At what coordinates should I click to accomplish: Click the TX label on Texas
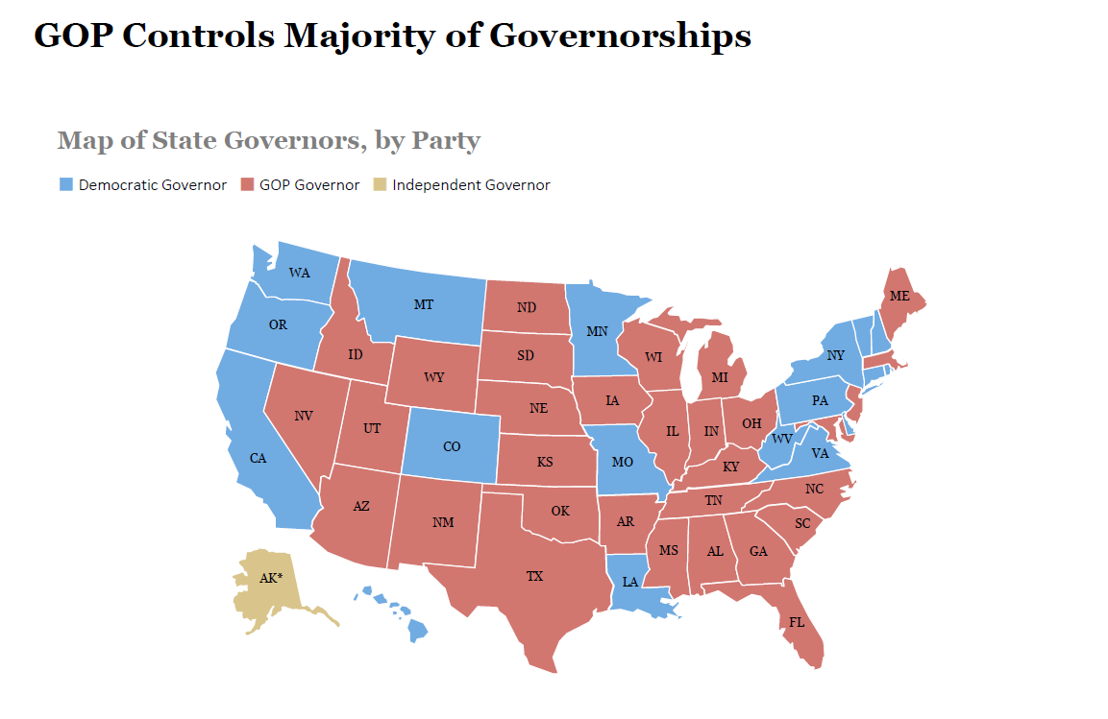click(x=534, y=577)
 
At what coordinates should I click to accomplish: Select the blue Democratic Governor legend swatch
click(x=65, y=184)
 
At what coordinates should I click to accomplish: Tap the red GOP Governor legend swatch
click(x=246, y=184)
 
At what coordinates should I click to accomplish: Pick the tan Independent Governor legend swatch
click(x=380, y=184)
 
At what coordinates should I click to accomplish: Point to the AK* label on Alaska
click(x=272, y=578)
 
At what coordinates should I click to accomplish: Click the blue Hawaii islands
click(x=417, y=630)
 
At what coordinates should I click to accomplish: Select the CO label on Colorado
click(x=452, y=446)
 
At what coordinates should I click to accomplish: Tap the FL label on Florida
click(x=797, y=622)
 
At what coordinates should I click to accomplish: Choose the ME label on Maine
click(x=899, y=297)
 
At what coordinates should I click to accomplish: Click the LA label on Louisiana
click(x=630, y=582)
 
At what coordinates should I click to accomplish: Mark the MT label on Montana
click(x=424, y=304)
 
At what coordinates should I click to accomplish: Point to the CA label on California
click(x=258, y=458)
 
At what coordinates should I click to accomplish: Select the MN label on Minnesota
click(x=598, y=332)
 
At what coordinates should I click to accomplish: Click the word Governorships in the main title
click(x=620, y=36)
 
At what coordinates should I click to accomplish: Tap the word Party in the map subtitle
click(x=446, y=140)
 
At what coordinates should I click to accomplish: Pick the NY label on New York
click(x=836, y=356)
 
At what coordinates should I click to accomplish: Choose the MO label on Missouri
click(x=622, y=462)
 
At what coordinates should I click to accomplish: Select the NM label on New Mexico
click(x=443, y=523)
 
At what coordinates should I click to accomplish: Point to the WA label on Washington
click(x=300, y=273)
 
